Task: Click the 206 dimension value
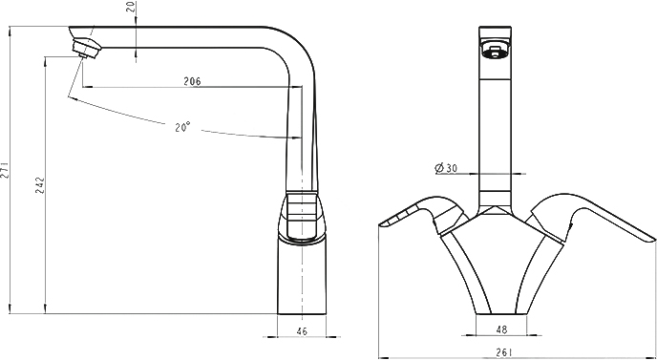192,81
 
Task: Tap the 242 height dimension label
40,185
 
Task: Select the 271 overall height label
5,170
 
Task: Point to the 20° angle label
182,127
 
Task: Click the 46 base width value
302,331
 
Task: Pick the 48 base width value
501,329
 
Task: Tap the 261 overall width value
506,352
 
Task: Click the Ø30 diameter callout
446,168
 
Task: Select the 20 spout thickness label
134,7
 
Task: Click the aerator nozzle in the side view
87,48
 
